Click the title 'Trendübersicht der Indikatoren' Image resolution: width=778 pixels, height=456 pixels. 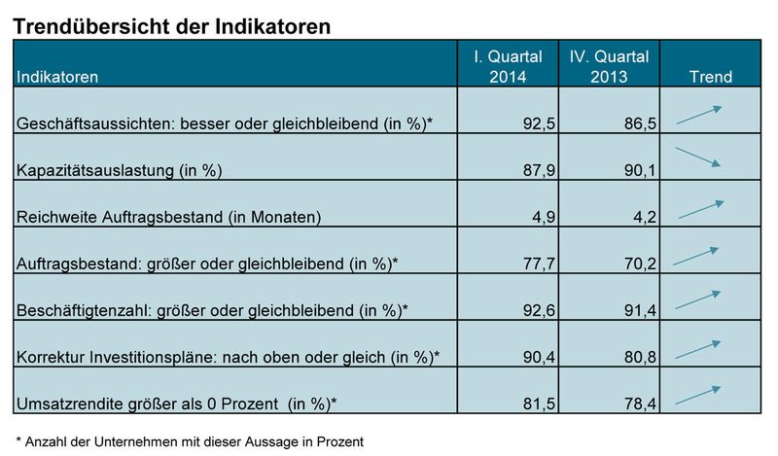[x=173, y=25]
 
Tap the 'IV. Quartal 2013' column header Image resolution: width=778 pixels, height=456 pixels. [x=609, y=65]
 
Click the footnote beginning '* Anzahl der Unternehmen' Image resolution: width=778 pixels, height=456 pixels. [x=190, y=441]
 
